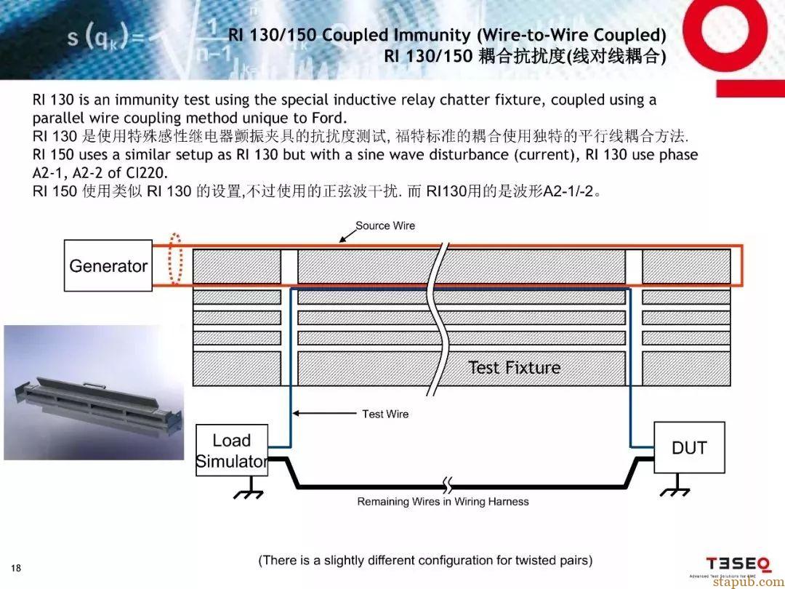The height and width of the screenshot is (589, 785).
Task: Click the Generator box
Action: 108,265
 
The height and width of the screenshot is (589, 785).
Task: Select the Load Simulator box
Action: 232,450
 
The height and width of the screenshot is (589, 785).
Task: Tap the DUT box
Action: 689,447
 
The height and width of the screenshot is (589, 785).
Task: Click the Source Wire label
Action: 385,225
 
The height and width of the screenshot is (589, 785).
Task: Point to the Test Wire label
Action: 385,414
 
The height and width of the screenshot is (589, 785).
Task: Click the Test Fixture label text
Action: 514,367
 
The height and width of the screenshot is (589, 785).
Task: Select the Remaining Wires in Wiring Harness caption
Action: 443,501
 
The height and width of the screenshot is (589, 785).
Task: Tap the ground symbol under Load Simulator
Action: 249,488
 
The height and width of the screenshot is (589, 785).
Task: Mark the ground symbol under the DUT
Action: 676,486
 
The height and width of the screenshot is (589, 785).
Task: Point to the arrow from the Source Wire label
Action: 347,236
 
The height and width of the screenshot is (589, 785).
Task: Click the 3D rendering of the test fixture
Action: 94,392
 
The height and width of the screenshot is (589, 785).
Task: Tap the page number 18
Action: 16,567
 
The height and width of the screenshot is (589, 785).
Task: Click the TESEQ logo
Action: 738,564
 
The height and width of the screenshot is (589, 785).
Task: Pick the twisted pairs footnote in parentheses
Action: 425,560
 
